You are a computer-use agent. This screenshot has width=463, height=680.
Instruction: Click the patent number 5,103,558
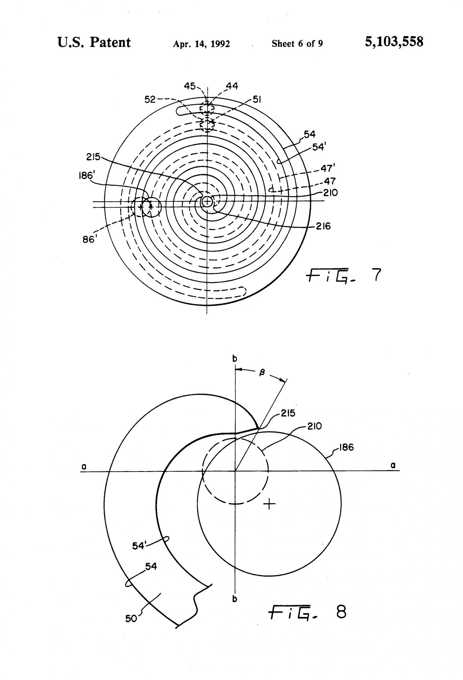394,42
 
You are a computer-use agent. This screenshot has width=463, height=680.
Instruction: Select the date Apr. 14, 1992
201,44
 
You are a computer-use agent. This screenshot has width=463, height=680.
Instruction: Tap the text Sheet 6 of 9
297,44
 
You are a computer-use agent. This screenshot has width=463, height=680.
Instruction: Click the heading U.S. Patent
94,42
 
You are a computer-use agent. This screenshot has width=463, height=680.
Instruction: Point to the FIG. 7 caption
343,275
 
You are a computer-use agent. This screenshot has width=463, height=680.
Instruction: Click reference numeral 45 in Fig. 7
190,86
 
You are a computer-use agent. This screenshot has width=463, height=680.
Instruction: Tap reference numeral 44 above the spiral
232,86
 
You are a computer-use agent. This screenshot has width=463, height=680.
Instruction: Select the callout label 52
150,99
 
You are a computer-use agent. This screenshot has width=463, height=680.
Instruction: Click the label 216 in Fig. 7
323,226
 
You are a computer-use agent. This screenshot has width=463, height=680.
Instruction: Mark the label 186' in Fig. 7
86,176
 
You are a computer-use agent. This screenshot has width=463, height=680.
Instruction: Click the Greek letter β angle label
262,373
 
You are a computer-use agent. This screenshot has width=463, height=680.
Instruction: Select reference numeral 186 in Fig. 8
346,447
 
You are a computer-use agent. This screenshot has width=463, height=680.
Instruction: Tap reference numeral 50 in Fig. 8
131,618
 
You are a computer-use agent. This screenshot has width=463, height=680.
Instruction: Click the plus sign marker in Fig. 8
269,504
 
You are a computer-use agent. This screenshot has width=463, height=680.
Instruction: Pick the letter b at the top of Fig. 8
235,358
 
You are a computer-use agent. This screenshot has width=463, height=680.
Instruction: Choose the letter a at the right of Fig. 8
393,465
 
